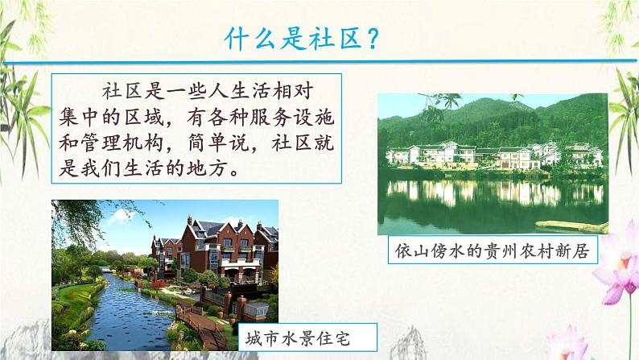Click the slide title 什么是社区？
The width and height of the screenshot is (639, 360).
pos(299,38)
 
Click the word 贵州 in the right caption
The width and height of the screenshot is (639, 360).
pos(498,250)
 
